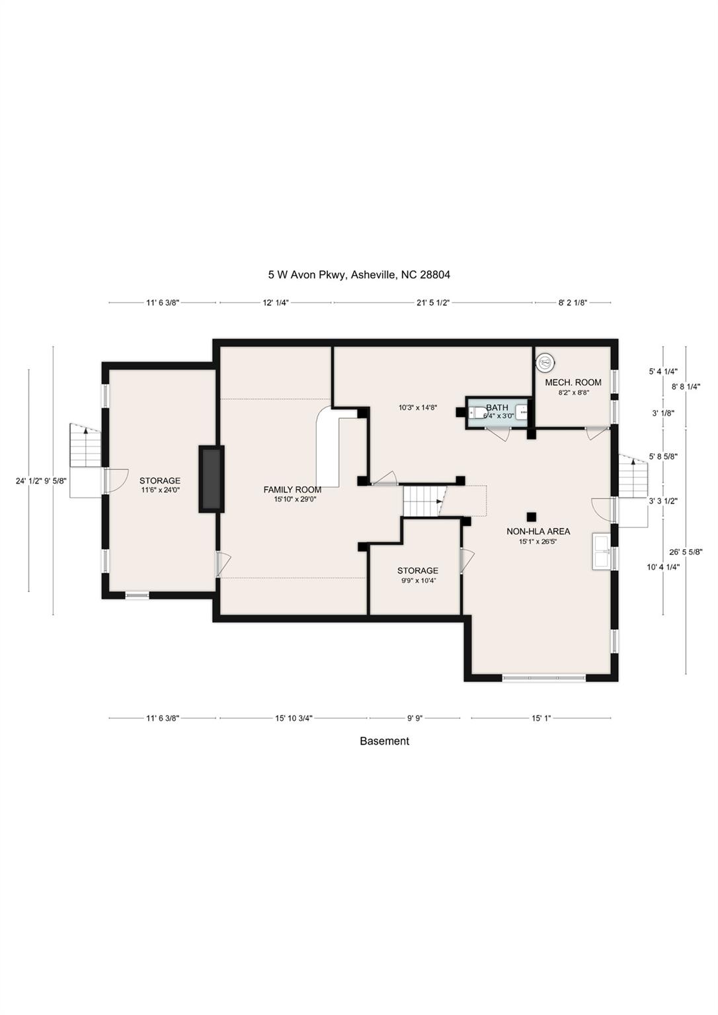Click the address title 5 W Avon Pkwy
(358, 275)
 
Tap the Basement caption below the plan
(384, 741)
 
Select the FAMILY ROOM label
(292, 490)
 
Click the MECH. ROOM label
(573, 383)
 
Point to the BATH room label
(497, 408)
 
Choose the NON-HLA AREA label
(538, 531)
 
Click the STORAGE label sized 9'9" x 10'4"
(417, 571)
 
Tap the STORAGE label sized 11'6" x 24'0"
(159, 481)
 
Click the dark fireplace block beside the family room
(212, 478)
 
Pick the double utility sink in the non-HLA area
(602, 551)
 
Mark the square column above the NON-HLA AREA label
(530, 516)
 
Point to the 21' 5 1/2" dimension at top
(433, 303)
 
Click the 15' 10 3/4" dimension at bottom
(294, 718)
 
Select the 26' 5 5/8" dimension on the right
(685, 552)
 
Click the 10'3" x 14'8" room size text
(417, 408)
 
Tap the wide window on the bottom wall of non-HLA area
(543, 677)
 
